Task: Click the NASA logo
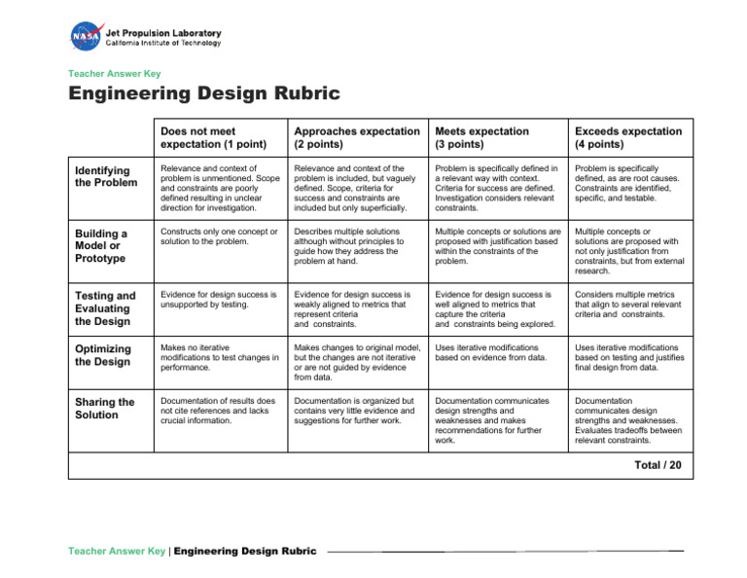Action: click(86, 37)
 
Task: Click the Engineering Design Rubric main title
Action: click(203, 94)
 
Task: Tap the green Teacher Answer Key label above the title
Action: click(114, 73)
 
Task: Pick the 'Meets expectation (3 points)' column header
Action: click(482, 137)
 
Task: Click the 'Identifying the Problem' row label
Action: click(106, 176)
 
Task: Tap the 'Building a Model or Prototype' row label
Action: click(101, 246)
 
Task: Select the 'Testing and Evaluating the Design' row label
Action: click(105, 308)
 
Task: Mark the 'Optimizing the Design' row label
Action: click(103, 355)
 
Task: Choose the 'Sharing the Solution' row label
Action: click(105, 408)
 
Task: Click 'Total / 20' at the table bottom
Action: click(658, 465)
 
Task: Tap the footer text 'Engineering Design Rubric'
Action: click(245, 552)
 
